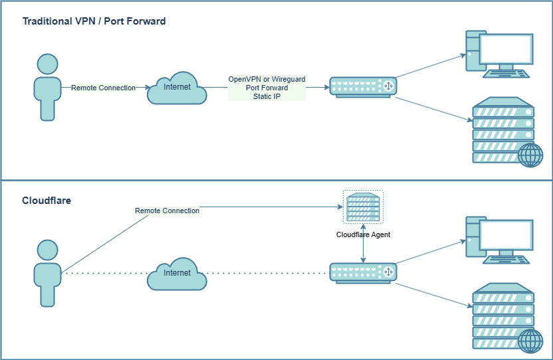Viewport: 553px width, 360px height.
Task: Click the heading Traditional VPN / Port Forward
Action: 94,21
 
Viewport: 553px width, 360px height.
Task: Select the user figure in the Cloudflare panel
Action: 47,273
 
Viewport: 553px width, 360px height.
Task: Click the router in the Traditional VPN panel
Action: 363,87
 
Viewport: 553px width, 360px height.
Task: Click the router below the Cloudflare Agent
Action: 363,272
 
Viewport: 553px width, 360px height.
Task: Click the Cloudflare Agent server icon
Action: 363,208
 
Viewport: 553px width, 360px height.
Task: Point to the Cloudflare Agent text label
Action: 363,234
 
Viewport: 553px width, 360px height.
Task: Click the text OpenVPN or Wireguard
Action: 267,79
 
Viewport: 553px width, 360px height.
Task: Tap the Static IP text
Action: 267,96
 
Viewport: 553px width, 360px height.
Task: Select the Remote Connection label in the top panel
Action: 103,88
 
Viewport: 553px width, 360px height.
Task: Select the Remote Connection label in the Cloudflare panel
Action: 167,211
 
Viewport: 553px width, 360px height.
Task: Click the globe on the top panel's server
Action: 530,155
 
